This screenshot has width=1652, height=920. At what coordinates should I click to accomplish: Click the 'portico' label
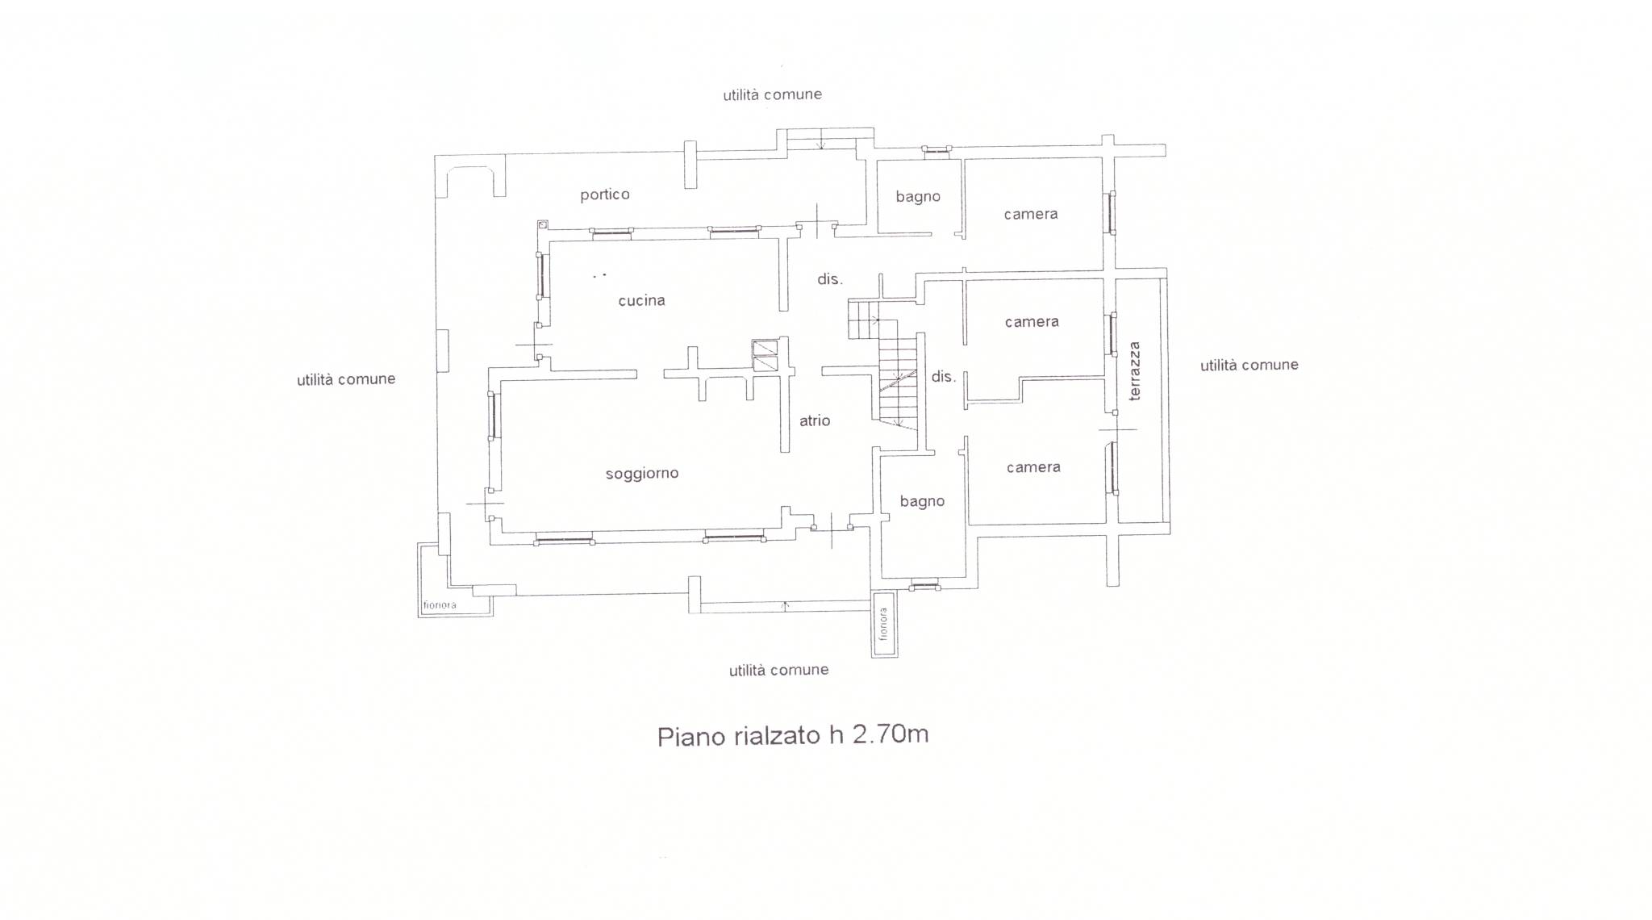[605, 195]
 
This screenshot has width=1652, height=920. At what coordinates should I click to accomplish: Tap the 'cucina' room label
[642, 301]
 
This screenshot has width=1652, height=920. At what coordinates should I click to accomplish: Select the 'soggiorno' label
[642, 474]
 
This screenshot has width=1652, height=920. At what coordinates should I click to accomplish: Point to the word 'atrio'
[815, 420]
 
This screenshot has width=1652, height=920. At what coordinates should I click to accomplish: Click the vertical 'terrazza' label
[1135, 371]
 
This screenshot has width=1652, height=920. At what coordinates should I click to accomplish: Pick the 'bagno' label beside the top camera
[918, 197]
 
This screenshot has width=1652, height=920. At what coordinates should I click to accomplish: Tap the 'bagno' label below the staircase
[922, 502]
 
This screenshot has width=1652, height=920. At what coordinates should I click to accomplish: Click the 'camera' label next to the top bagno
[1031, 214]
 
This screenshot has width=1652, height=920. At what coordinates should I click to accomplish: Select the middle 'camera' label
[1032, 322]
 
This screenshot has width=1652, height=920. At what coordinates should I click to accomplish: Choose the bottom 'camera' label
[1033, 467]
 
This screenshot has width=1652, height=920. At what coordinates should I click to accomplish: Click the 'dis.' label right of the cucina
[830, 279]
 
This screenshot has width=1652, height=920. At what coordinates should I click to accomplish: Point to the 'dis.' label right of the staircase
[943, 376]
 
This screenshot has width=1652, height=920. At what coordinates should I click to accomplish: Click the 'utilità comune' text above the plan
[773, 95]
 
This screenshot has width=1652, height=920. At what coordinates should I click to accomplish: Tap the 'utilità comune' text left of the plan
[346, 379]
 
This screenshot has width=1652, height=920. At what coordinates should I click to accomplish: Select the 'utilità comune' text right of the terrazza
[1249, 366]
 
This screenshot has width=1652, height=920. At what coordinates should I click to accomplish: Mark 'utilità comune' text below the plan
[779, 670]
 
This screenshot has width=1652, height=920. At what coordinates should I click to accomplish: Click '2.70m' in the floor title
[891, 734]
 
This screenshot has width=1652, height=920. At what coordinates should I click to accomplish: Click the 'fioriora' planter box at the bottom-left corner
[455, 579]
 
